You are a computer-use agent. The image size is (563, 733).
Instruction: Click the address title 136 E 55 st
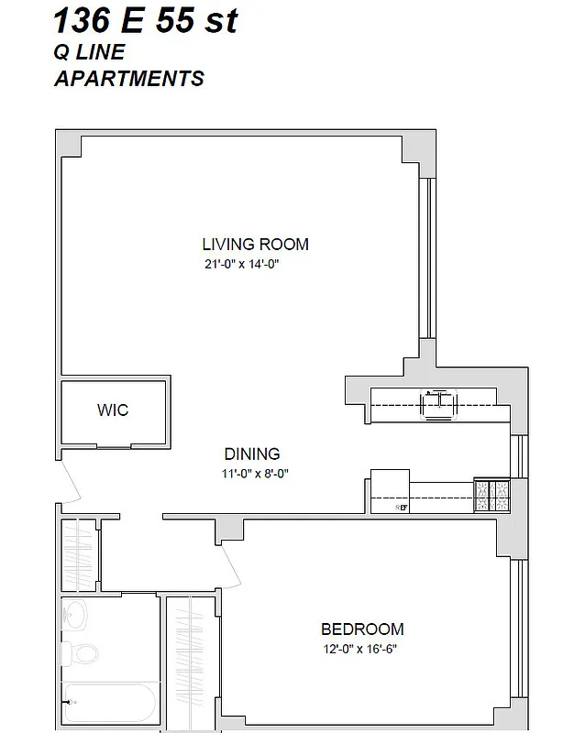tap(146, 20)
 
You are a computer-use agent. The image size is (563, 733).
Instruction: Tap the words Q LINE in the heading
tap(89, 53)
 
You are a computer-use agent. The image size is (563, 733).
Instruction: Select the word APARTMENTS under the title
tap(129, 79)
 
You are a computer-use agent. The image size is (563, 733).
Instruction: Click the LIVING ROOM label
tap(255, 245)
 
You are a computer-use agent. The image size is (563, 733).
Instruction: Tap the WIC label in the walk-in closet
tap(113, 410)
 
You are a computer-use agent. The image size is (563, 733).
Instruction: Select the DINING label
tap(252, 454)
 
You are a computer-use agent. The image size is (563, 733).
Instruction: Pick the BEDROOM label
tap(362, 629)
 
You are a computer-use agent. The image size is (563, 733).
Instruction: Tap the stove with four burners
tap(491, 496)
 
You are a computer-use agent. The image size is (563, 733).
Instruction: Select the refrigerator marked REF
tap(389, 493)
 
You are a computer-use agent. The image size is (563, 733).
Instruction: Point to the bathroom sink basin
tap(76, 613)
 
